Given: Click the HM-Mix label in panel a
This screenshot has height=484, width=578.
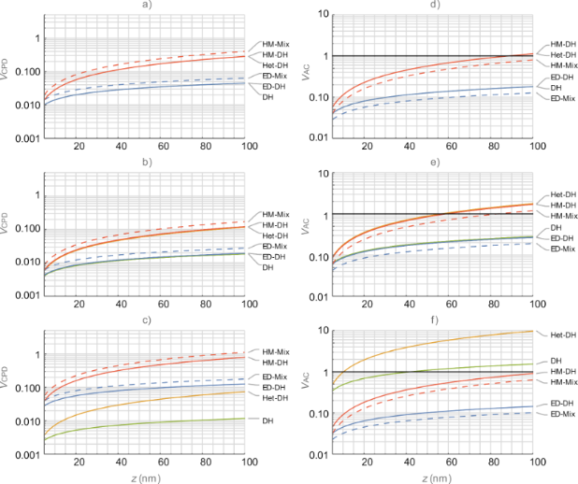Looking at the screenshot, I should click(x=276, y=43).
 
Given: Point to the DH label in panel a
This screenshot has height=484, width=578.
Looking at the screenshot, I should click(x=268, y=96).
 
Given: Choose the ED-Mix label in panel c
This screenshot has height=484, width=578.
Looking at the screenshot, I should click(x=276, y=376).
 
